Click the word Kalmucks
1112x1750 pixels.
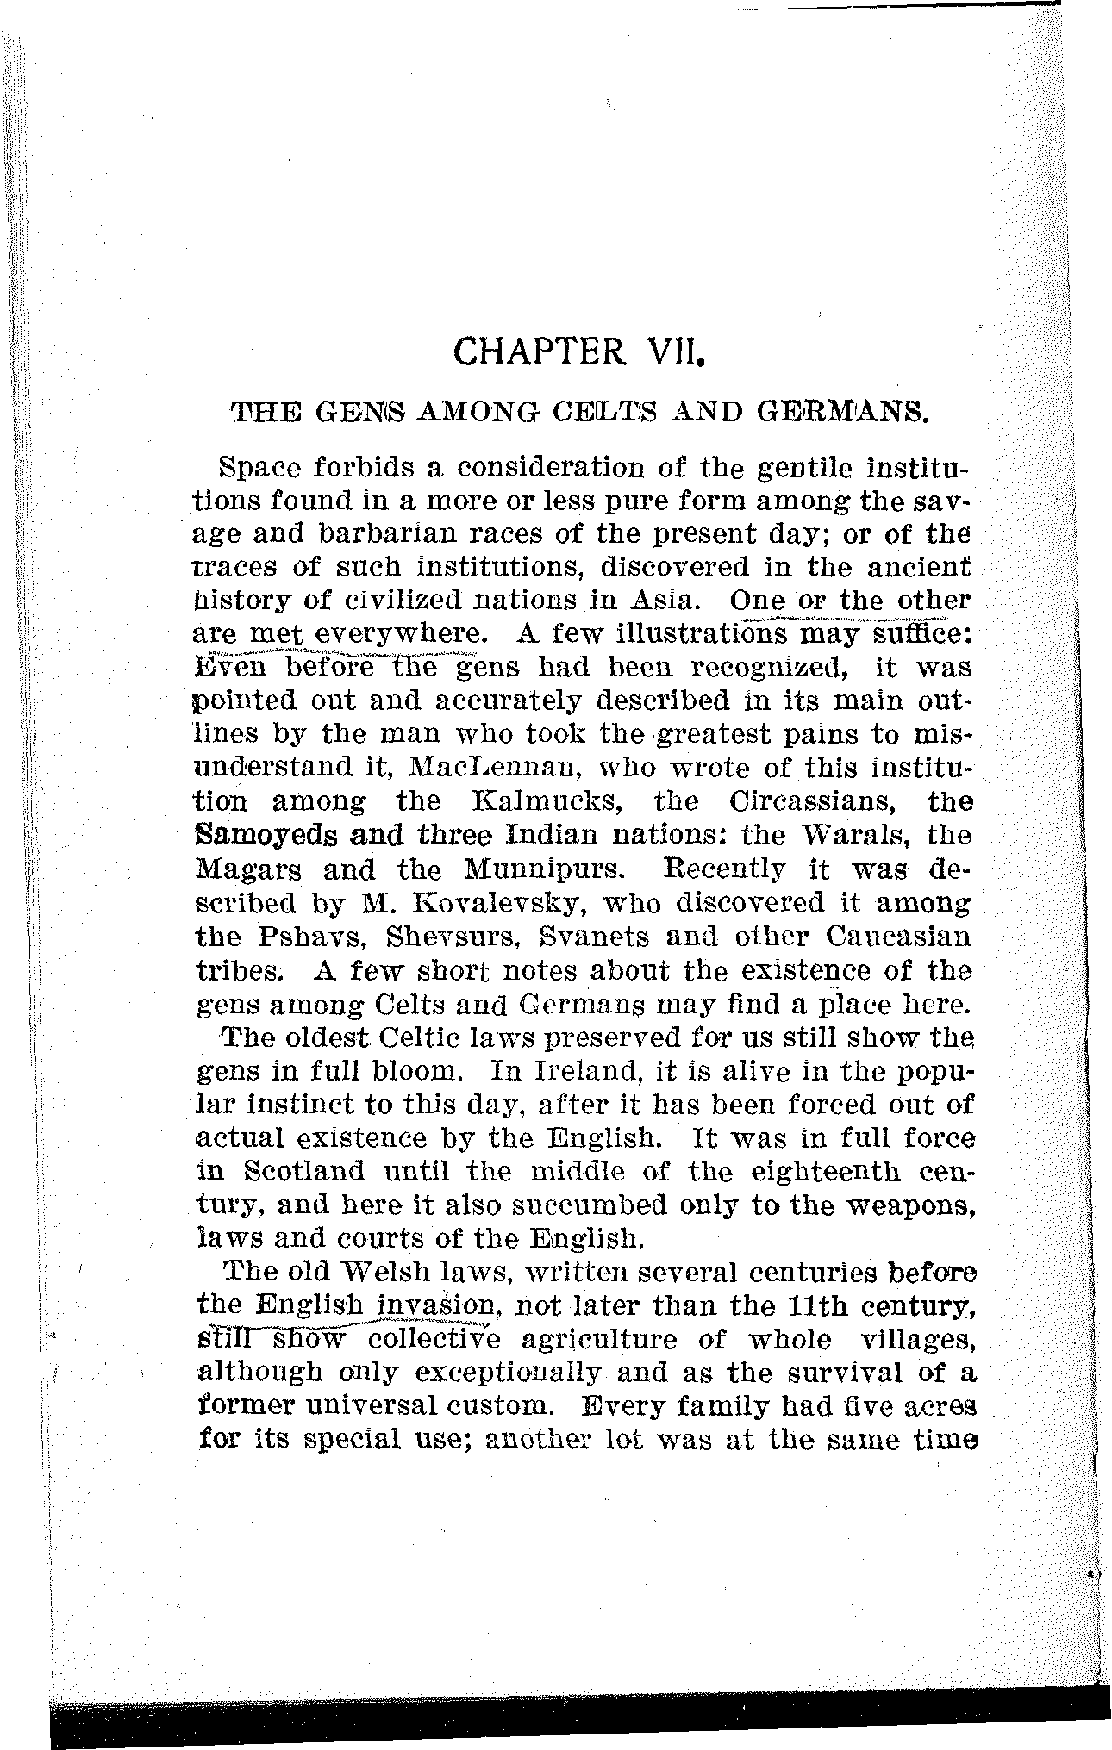[551, 801]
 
